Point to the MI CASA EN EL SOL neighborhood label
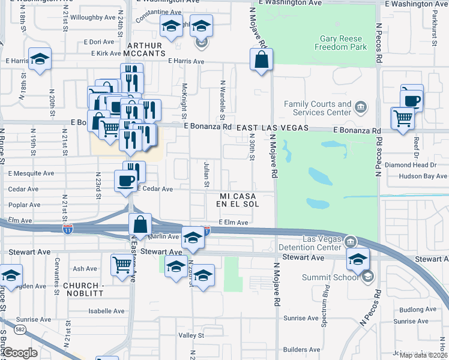click(x=239, y=200)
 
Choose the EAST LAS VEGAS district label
click(x=272, y=128)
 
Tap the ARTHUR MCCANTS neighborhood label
click(x=145, y=49)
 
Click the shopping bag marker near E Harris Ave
click(x=262, y=60)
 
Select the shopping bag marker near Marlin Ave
click(x=140, y=225)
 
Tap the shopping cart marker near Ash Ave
click(x=122, y=264)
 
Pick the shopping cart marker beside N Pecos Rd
click(x=402, y=117)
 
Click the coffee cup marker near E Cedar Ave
click(x=125, y=181)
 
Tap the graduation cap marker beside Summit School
click(x=358, y=259)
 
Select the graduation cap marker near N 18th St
click(x=40, y=59)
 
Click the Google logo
click(x=19, y=353)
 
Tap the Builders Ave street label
click(x=302, y=349)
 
